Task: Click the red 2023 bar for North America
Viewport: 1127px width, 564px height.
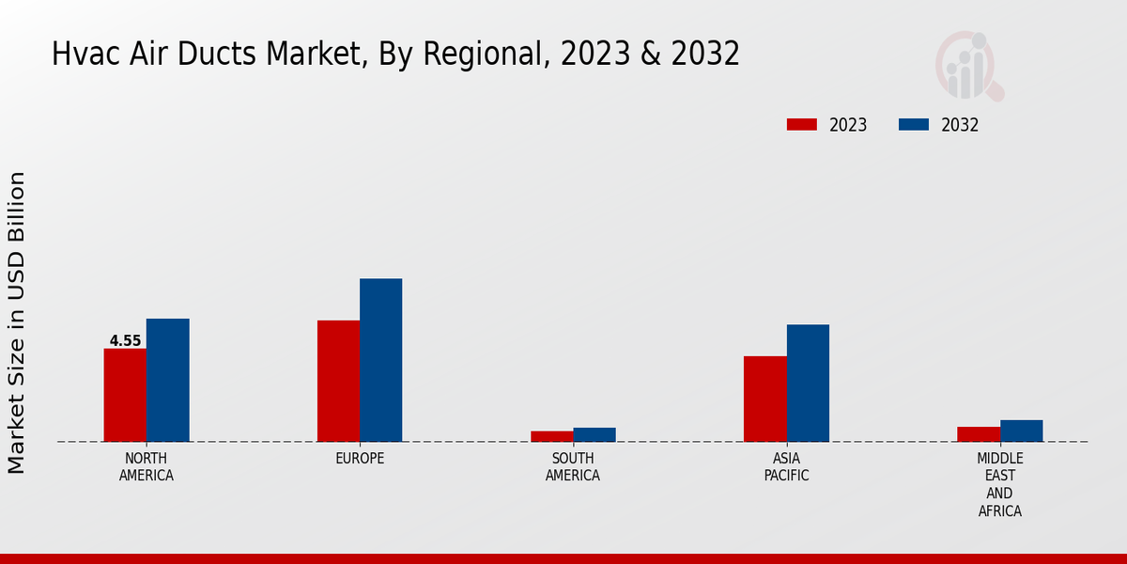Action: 125,395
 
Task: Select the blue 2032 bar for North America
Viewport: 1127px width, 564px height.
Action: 167,380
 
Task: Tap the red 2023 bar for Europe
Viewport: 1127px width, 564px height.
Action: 338,381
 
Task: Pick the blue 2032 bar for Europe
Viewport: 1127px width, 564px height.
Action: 380,360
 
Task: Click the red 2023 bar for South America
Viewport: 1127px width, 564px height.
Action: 551,436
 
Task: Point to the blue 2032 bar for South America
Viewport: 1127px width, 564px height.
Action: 594,434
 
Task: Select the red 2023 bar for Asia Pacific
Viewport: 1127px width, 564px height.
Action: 764,399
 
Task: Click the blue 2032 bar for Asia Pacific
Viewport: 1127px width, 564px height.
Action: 808,383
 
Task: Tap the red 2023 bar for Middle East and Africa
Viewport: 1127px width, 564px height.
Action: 979,434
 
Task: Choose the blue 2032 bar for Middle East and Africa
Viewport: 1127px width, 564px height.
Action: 1021,431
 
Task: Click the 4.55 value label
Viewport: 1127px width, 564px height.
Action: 125,341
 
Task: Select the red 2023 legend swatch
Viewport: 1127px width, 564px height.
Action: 801,124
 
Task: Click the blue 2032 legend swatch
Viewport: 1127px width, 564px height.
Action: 914,124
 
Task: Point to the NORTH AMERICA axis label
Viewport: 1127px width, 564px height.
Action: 147,467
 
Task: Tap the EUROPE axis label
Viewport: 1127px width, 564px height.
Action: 360,459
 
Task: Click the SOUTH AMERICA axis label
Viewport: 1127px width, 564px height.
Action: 573,467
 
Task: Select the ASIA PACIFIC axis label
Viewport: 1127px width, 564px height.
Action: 786,467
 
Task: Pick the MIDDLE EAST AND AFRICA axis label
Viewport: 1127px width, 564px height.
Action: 999,485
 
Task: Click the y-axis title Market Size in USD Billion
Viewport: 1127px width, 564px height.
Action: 17,322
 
